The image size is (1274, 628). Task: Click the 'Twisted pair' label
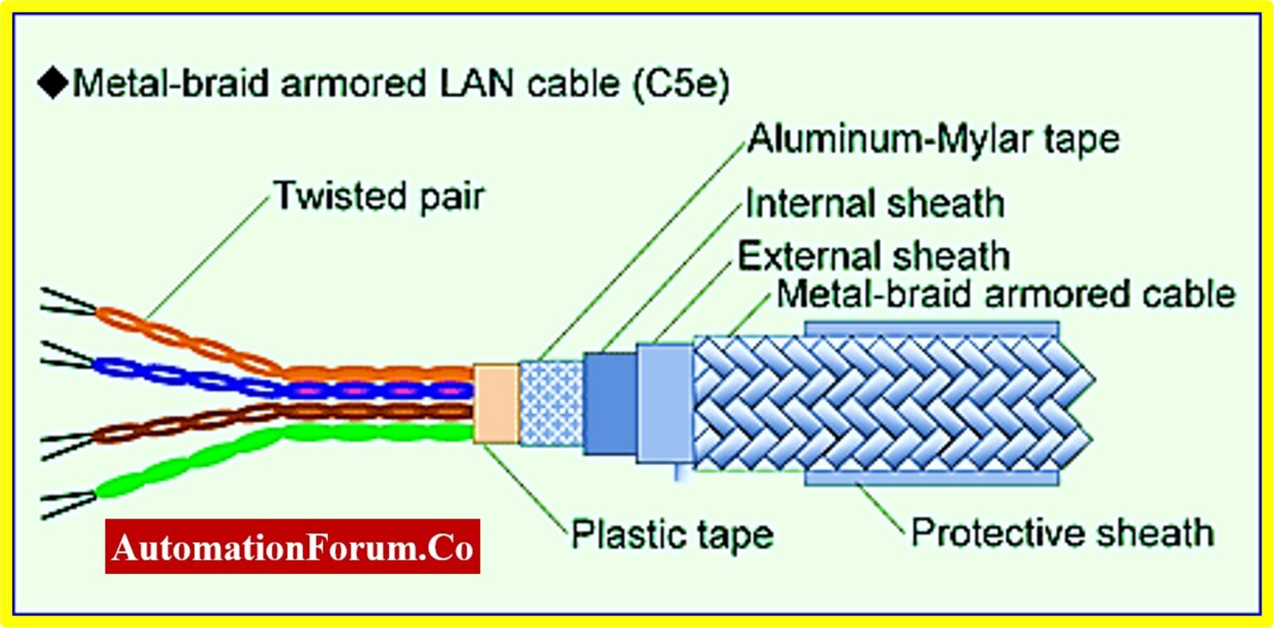[x=379, y=197]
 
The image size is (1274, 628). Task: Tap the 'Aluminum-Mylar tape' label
[x=932, y=139]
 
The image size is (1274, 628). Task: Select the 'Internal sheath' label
[x=874, y=202]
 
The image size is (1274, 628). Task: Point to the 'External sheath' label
[x=873, y=256]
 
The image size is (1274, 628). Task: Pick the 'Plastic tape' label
[x=671, y=534]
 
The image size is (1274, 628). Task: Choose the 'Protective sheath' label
[x=1062, y=532]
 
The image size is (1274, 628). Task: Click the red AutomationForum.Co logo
[x=293, y=547]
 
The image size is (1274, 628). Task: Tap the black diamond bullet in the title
[x=54, y=85]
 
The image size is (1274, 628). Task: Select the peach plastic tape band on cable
[x=495, y=403]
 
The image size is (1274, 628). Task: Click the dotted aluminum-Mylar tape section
[x=551, y=403]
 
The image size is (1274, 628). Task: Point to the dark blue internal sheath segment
[x=609, y=403]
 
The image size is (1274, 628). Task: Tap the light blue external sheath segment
[x=664, y=403]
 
